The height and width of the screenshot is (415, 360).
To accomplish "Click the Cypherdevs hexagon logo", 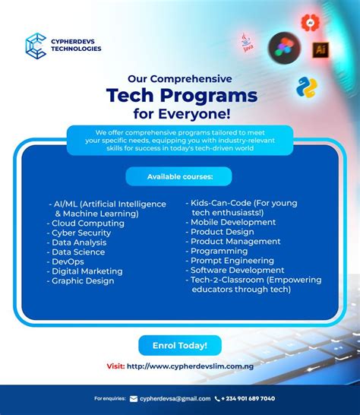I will (36, 45).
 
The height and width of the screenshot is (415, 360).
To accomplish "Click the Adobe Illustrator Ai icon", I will (320, 49).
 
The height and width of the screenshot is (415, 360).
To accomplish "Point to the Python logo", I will (307, 88).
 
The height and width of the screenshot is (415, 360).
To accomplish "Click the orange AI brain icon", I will (309, 23).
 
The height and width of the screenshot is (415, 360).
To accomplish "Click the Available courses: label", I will (179, 177).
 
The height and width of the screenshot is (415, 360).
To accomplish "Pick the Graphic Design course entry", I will (83, 280).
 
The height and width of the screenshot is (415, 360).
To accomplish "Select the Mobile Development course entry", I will (233, 222).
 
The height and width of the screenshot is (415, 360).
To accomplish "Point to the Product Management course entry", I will (235, 242).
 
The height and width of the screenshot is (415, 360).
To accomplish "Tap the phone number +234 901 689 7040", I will (249, 398).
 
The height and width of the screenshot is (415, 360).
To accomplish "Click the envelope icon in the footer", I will (134, 398).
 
